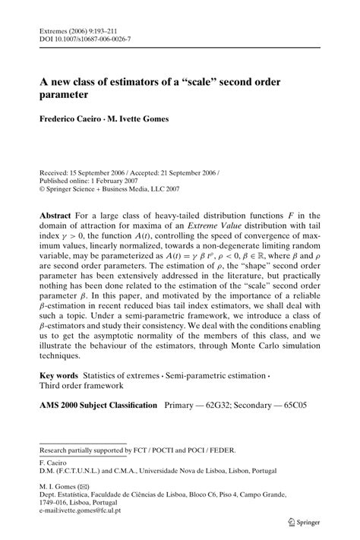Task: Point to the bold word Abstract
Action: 59,216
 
